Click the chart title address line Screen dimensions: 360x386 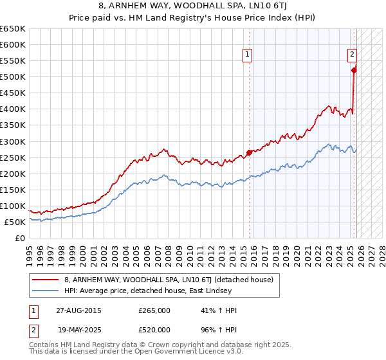(193, 6)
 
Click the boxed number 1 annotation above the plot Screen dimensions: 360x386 (247, 55)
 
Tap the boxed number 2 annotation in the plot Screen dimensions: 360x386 (353, 55)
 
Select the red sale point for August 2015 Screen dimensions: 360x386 (249, 152)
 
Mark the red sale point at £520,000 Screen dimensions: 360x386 (354, 70)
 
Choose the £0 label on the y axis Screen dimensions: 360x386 (21, 238)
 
